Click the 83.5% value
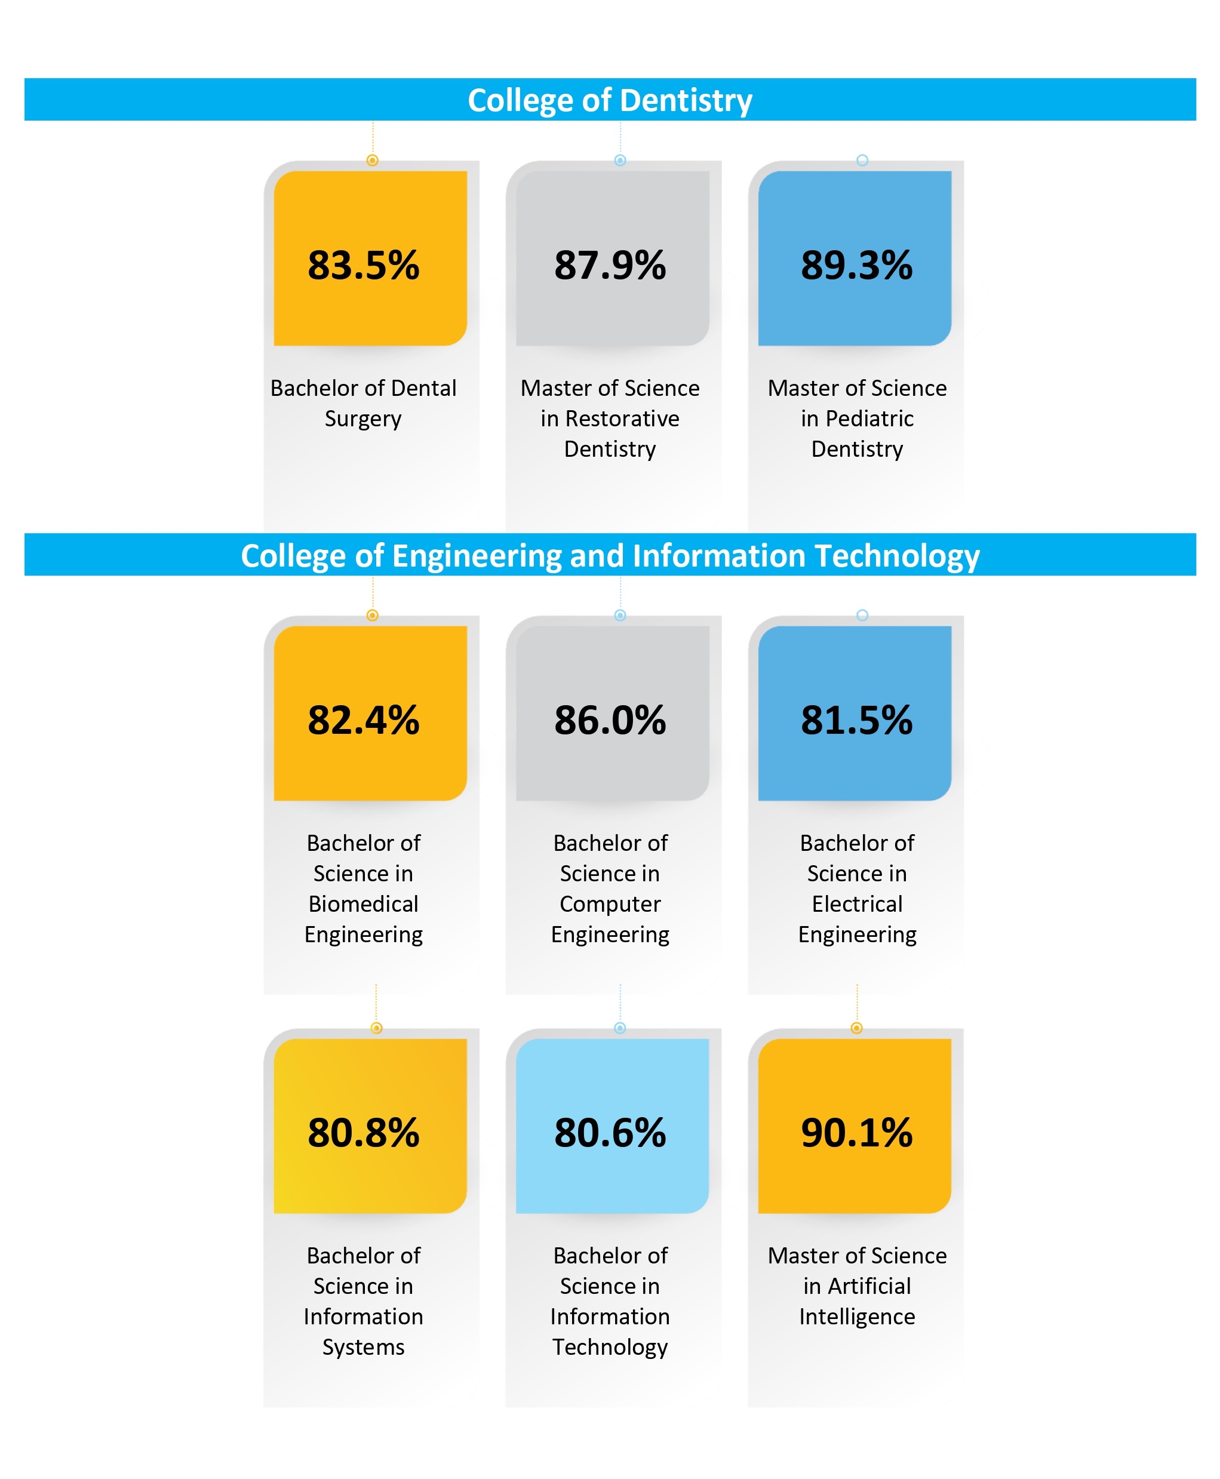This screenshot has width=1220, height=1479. (x=363, y=266)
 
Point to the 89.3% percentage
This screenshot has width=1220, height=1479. (x=857, y=266)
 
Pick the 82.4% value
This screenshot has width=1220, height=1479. (x=363, y=720)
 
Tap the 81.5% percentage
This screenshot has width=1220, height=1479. (x=857, y=720)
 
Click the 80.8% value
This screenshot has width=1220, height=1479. (x=363, y=1133)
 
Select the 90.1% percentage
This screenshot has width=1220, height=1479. (x=857, y=1133)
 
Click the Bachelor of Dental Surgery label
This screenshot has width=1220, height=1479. (x=363, y=403)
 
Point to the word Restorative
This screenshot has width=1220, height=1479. (x=622, y=419)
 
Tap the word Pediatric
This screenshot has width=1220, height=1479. (x=869, y=419)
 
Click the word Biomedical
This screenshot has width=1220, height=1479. (x=363, y=903)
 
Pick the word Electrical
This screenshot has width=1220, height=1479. (x=857, y=903)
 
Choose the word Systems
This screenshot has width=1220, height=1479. (x=363, y=1347)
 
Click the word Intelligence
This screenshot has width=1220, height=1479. (x=857, y=1316)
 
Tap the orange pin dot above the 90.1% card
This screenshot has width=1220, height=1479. (x=856, y=1028)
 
